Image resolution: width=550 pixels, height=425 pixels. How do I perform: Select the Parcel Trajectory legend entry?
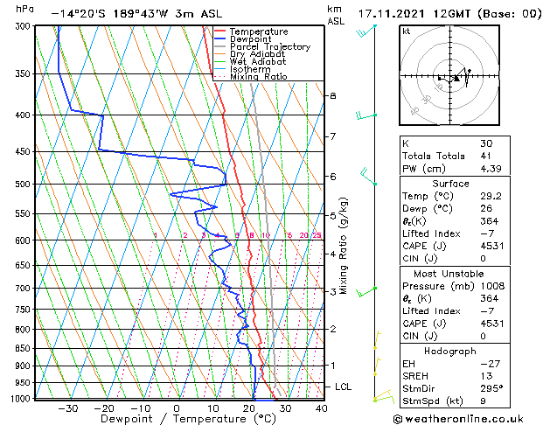point(269,46)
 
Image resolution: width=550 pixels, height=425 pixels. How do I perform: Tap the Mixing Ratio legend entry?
point(260,77)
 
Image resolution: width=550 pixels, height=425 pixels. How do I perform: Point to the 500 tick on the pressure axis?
point(23,185)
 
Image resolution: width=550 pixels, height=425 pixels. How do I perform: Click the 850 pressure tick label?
point(23,348)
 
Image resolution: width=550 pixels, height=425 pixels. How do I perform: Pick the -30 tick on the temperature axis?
point(67,408)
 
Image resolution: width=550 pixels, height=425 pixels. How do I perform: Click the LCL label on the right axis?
point(345,387)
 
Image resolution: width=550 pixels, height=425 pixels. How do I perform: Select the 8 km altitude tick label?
point(332,95)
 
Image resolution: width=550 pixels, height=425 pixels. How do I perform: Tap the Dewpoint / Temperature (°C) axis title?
point(175,419)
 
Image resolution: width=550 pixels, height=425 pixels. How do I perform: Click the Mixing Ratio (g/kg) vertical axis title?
point(345,246)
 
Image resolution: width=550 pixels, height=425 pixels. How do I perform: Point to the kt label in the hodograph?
point(407,31)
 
